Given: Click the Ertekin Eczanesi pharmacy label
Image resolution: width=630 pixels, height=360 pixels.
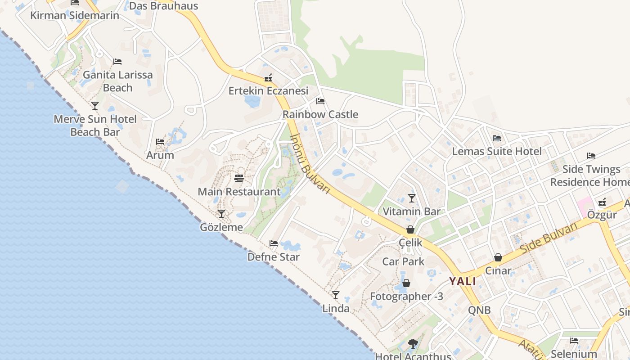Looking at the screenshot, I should tap(268, 91).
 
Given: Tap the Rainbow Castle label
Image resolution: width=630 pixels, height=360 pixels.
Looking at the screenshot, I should tap(320, 114).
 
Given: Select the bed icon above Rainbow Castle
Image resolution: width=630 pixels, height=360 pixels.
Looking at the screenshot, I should tap(320, 101).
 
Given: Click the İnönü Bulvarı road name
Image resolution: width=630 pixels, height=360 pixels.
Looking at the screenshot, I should tap(310, 164).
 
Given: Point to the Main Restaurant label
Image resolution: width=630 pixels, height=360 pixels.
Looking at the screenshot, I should tap(239, 192).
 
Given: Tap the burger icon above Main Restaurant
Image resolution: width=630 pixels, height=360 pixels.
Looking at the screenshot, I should tap(239, 179).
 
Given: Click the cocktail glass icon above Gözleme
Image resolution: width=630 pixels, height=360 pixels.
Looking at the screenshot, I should tap(221, 214).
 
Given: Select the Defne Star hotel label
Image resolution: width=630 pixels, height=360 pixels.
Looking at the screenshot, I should tap(273, 257).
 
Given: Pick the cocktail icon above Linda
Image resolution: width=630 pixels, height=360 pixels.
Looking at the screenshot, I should tap(335, 295).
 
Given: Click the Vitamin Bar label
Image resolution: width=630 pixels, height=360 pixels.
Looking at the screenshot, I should tap(411, 211).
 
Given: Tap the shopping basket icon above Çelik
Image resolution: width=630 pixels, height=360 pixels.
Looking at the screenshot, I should tap(410, 229).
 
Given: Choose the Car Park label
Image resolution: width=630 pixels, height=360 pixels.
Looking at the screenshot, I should tap(403, 261).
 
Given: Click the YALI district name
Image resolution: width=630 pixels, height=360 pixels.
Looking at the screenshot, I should tap(462, 282).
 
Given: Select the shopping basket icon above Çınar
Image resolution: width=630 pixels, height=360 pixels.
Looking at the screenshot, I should tap(498, 257).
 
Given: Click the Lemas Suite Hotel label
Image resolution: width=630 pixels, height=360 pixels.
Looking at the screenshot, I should tap(497, 151).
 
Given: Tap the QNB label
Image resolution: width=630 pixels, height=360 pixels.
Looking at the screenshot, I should tap(479, 310).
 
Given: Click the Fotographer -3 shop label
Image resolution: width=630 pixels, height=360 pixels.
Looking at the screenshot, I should tap(406, 296).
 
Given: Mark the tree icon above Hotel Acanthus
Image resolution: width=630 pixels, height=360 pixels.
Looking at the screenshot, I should tap(413, 344).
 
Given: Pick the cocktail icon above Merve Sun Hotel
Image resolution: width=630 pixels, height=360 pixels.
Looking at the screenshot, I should tap(95, 106).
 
